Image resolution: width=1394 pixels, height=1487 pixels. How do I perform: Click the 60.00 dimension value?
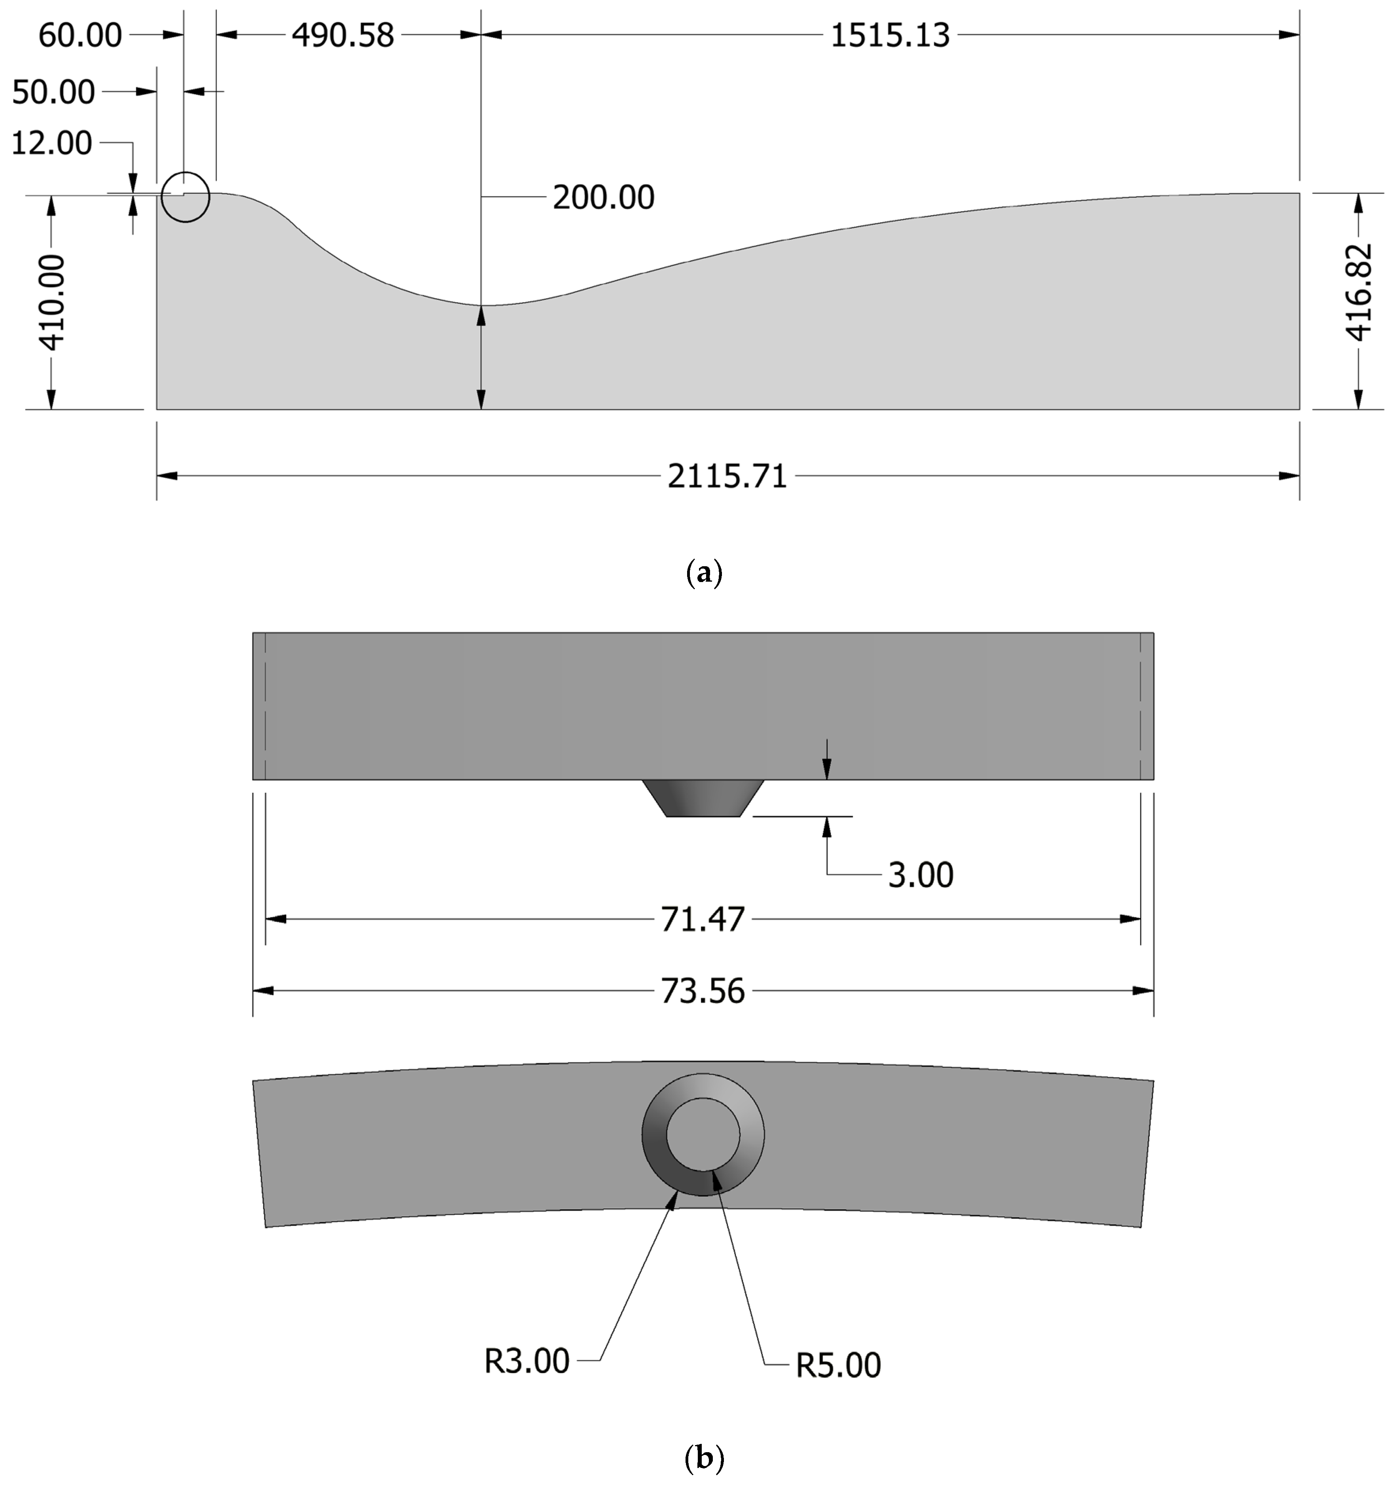80,35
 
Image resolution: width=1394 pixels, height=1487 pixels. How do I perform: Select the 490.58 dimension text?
343,35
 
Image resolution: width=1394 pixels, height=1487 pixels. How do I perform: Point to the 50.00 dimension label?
54,92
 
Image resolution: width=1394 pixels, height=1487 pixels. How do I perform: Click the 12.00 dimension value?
51,143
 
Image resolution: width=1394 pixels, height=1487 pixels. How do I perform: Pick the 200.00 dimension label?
603,197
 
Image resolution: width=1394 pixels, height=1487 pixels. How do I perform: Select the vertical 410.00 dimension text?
52,302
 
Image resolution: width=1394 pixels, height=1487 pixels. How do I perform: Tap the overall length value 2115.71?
727,476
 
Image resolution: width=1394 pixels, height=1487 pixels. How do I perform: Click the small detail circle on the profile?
186,197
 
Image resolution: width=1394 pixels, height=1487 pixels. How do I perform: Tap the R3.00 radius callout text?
527,1361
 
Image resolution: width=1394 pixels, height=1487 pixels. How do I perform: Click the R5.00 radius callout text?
838,1365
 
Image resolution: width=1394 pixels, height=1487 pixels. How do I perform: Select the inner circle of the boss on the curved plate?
703,1134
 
